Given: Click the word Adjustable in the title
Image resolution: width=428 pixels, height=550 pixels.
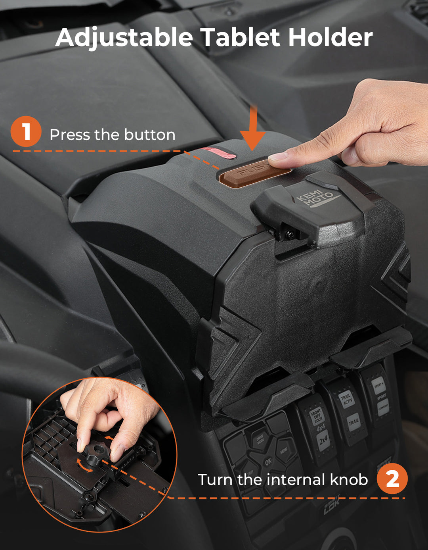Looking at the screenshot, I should [124, 38].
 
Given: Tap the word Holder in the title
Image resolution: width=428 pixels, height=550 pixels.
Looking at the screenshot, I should [331, 38].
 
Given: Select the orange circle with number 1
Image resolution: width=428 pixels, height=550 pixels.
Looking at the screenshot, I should [26, 131].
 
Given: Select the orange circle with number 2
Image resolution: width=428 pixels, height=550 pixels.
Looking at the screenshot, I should [392, 479].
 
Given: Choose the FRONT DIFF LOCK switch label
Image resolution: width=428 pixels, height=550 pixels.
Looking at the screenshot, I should [316, 416].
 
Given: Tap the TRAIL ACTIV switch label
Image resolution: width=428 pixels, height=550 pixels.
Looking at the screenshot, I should [347, 398].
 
